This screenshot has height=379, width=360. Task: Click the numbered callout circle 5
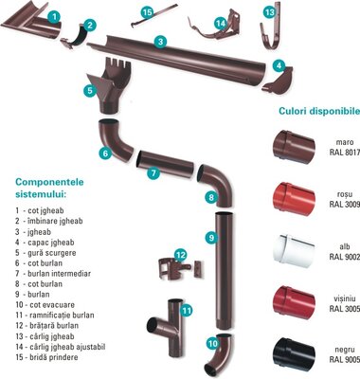90,91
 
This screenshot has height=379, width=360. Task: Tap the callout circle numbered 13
269,12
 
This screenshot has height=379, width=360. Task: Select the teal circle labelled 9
211,237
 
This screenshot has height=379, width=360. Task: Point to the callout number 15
147,12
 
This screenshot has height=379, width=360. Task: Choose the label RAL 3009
345,204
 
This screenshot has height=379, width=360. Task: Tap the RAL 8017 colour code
345,152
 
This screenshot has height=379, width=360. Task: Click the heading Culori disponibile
319,111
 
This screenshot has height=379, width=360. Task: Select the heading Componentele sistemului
49,188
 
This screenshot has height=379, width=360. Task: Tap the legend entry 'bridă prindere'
46,357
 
